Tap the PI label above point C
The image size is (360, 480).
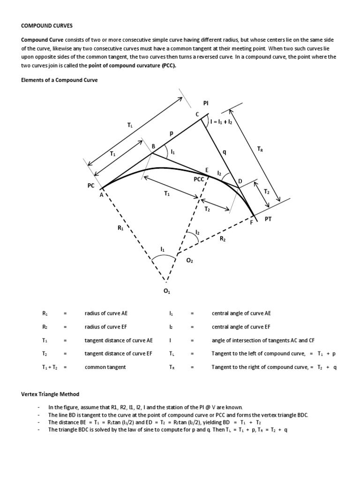tap(206, 102)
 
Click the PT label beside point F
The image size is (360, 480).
tap(268, 218)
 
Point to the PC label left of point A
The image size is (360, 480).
tap(91, 186)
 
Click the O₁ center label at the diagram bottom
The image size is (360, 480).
tap(166, 292)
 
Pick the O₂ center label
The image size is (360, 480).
tap(189, 261)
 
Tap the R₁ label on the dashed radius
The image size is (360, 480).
tap(121, 229)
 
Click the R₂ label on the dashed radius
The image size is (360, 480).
tap(223, 239)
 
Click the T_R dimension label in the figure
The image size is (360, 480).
tap(260, 149)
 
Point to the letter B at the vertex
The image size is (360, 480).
tap(153, 146)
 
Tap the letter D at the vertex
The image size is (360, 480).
tap(240, 181)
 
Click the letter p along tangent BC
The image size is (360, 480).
tap(172, 134)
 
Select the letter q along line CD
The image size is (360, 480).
tap(224, 151)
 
